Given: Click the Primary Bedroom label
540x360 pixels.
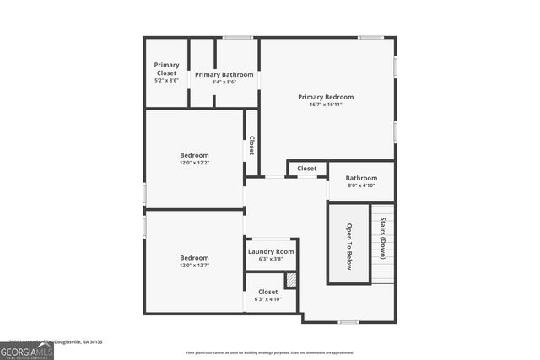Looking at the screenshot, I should coord(326,97).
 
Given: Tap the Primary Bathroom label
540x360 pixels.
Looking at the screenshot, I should coord(224,74).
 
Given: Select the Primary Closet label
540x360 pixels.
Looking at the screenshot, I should coord(166,69).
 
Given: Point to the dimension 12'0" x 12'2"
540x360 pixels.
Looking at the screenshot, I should coord(194,163).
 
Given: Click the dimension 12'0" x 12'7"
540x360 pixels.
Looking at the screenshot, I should coord(194,266).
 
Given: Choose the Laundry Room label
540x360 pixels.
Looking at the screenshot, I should coord(271,251).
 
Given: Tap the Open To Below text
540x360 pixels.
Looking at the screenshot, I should coord(349,246).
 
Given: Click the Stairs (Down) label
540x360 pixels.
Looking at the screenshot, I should coord(382,238).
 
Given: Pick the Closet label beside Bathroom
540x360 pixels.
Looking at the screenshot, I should coord(307,169).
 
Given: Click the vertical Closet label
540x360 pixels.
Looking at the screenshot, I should coord(251,146).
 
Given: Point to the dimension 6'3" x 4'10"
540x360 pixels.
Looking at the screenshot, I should coord(268,299).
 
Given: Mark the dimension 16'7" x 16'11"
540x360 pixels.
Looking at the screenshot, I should coord(326,105).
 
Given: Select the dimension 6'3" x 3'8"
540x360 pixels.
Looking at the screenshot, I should coord(271,259).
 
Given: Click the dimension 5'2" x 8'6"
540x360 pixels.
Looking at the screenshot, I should coord(166,81).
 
